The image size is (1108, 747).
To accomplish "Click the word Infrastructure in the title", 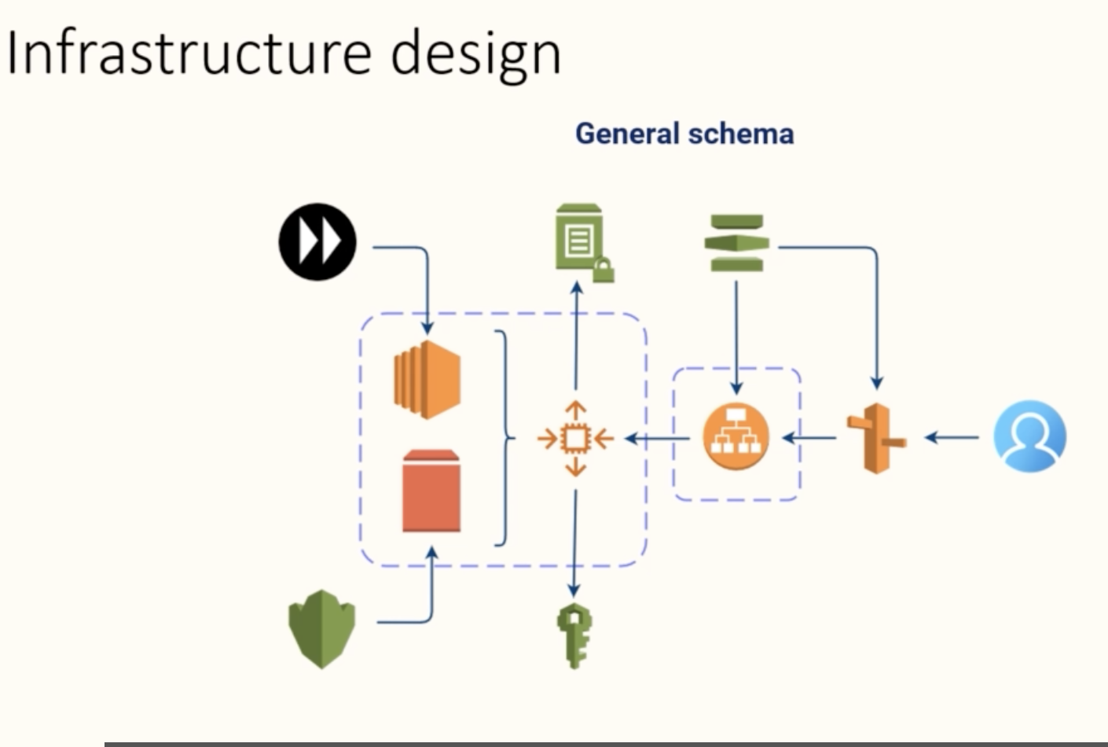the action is [189, 53].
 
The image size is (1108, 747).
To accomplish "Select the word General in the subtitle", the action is [628, 134].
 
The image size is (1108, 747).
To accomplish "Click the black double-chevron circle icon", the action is [317, 242].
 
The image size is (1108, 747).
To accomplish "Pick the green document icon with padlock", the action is [584, 242].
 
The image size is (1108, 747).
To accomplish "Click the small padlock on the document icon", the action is [604, 270].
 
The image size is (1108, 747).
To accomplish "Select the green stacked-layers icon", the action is [736, 243].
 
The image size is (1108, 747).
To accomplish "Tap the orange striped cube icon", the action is [427, 380].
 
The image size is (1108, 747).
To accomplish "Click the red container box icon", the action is [431, 491].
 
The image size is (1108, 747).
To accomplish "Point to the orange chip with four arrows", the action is [575, 439].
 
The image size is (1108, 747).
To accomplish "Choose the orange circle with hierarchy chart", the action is [736, 436].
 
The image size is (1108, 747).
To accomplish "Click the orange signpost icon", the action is [876, 439].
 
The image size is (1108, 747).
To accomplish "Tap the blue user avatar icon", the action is [1030, 436].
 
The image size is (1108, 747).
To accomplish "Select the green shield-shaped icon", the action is [322, 629].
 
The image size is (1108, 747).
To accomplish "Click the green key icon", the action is [574, 635].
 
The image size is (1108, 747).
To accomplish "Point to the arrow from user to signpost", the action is [952, 438].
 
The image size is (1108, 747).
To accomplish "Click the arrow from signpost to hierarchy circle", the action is [809, 438].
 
